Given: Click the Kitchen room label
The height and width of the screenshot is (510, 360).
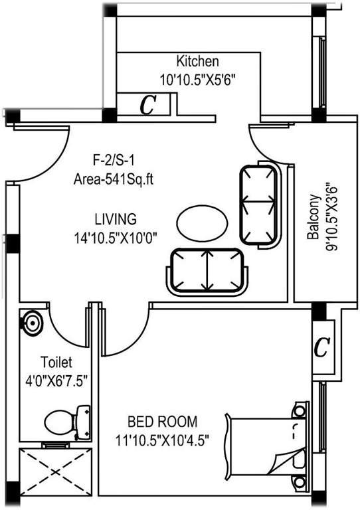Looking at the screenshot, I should click(197, 62).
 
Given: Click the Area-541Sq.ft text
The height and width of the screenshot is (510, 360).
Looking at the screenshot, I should click(114, 179).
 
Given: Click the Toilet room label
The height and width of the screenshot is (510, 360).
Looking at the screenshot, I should click(56, 363).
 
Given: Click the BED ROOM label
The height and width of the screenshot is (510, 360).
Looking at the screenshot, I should click(163, 421).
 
